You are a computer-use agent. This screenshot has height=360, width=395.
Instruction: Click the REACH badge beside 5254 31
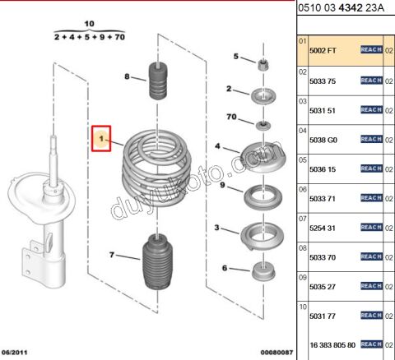click(371, 227)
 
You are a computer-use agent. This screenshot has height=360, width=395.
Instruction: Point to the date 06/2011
click(16, 353)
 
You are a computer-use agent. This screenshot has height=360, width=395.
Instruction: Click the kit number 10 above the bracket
click(89, 25)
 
